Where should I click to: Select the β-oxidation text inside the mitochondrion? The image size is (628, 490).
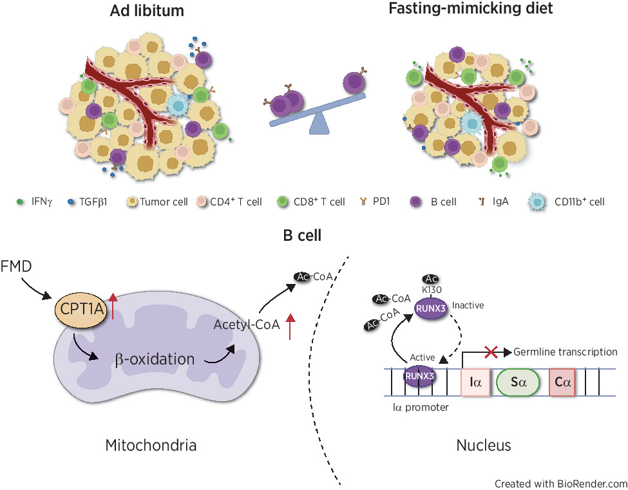tap(155, 359)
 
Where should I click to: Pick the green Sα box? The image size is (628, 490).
tap(518, 382)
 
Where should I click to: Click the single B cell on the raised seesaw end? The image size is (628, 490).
tap(354, 82)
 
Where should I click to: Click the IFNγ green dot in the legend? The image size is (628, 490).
tap(20, 202)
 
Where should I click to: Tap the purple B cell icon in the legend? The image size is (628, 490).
tap(416, 202)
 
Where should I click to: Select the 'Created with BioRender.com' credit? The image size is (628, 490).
tap(560, 483)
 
